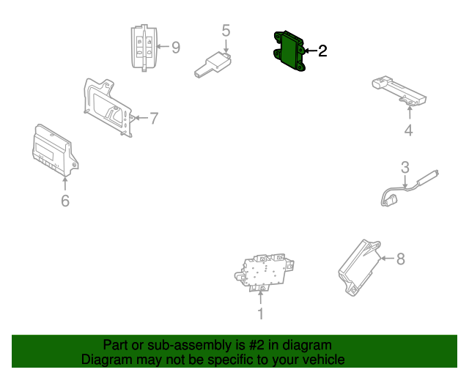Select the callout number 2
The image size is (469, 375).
322,51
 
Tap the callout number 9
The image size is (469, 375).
175,48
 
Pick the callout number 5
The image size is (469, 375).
226,30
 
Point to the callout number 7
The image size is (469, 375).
154,118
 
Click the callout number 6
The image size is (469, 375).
64,200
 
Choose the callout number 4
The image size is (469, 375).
408,131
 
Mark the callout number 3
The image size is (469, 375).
404,167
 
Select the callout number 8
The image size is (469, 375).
400,259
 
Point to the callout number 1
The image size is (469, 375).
260,314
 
